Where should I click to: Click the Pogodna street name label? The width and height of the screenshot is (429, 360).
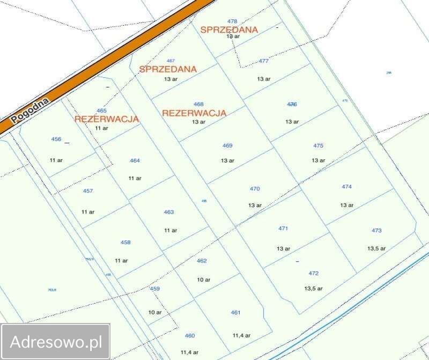(x=30, y=110)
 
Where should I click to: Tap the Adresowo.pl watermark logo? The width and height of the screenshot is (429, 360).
(x=56, y=342)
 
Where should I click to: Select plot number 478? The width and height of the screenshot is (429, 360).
(x=232, y=21)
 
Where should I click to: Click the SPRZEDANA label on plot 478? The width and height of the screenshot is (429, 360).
(x=229, y=30)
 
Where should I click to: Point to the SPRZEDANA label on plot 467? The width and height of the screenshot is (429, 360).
(x=168, y=69)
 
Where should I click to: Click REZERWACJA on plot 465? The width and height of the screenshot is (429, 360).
(x=107, y=119)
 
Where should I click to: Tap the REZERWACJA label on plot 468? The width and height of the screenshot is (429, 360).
(x=194, y=113)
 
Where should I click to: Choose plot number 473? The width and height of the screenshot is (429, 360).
(x=376, y=230)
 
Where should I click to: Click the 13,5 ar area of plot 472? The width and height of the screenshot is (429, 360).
(x=314, y=288)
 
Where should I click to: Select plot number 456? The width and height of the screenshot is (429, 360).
(x=56, y=139)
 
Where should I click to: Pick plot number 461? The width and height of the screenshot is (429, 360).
(x=236, y=312)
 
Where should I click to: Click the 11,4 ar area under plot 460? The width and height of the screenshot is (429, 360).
(x=189, y=352)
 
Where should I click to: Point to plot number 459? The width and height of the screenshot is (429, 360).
(x=155, y=289)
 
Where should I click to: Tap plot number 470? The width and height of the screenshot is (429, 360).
(x=255, y=189)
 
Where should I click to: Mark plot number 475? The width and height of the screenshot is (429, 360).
(x=319, y=145)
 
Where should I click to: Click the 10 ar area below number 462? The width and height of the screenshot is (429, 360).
(x=203, y=280)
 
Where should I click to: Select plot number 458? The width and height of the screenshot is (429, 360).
(x=125, y=243)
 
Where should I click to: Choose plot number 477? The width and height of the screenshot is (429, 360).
(x=263, y=61)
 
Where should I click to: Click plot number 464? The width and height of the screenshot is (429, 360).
(x=135, y=160)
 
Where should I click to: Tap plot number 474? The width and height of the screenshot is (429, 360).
(x=346, y=187)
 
